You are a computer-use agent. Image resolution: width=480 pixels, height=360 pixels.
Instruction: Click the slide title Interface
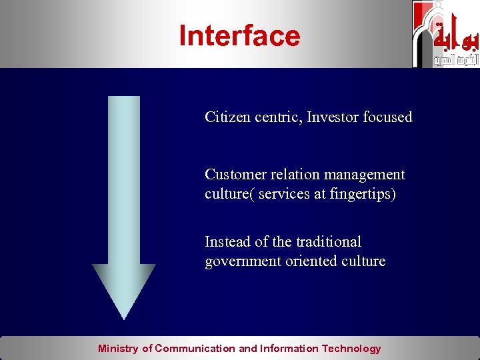239,36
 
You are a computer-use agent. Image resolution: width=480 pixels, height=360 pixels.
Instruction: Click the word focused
387,117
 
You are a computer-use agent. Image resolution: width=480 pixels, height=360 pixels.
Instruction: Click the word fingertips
363,195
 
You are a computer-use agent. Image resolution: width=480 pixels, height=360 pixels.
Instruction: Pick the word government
241,261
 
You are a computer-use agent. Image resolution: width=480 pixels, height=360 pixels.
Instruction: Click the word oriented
311,261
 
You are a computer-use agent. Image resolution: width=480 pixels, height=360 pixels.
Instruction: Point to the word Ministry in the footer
119,349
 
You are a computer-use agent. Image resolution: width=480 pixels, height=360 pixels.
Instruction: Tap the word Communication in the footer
195,349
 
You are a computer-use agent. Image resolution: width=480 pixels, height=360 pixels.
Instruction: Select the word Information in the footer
289,349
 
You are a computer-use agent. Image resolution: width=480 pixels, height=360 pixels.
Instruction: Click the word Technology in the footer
351,349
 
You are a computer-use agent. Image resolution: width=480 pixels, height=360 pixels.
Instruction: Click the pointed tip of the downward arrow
123,317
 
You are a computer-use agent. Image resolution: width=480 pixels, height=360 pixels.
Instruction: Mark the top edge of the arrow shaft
123,97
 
